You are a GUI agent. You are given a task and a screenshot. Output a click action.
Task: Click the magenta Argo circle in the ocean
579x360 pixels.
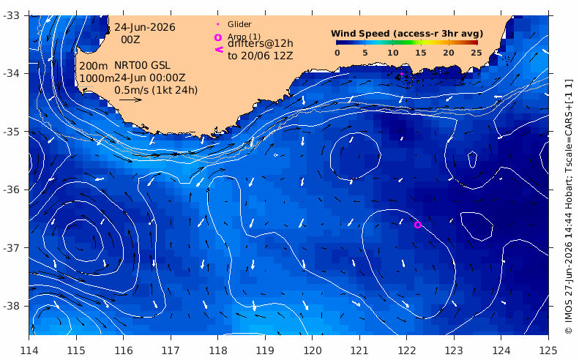(418, 225)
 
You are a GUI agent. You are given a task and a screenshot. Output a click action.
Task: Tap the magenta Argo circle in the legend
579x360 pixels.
(218, 37)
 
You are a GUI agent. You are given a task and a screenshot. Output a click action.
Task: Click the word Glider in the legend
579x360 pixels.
(239, 24)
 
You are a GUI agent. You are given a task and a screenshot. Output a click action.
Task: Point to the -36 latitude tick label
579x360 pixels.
(11, 190)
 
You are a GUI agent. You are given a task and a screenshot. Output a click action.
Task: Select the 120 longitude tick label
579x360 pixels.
(312, 350)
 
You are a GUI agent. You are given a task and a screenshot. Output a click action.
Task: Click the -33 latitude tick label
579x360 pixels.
(11, 15)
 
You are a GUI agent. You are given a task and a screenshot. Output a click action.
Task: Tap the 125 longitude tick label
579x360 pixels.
(548, 350)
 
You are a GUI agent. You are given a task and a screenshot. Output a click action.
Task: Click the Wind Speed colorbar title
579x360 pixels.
(407, 34)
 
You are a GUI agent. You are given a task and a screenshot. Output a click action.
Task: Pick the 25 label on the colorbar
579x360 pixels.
(477, 53)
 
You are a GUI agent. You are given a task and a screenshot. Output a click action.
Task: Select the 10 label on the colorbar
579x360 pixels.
(393, 53)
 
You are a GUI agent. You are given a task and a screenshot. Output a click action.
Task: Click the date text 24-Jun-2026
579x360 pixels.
(145, 27)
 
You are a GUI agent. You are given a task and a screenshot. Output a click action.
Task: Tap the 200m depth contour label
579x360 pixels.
(94, 66)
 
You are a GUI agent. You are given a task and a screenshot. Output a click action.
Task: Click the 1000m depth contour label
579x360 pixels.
(97, 78)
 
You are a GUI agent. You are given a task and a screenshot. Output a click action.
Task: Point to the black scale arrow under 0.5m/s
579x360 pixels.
(131, 100)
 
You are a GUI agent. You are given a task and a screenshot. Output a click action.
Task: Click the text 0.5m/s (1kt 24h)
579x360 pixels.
(156, 90)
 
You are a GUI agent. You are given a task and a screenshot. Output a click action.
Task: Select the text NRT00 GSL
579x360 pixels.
(142, 65)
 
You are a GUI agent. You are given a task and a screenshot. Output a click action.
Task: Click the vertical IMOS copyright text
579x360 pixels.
(569, 207)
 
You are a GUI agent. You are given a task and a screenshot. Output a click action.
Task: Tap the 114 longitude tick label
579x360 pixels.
(29, 350)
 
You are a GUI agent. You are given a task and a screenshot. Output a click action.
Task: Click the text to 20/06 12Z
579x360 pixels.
(261, 56)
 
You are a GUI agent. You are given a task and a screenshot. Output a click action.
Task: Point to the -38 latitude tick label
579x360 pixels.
(11, 306)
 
